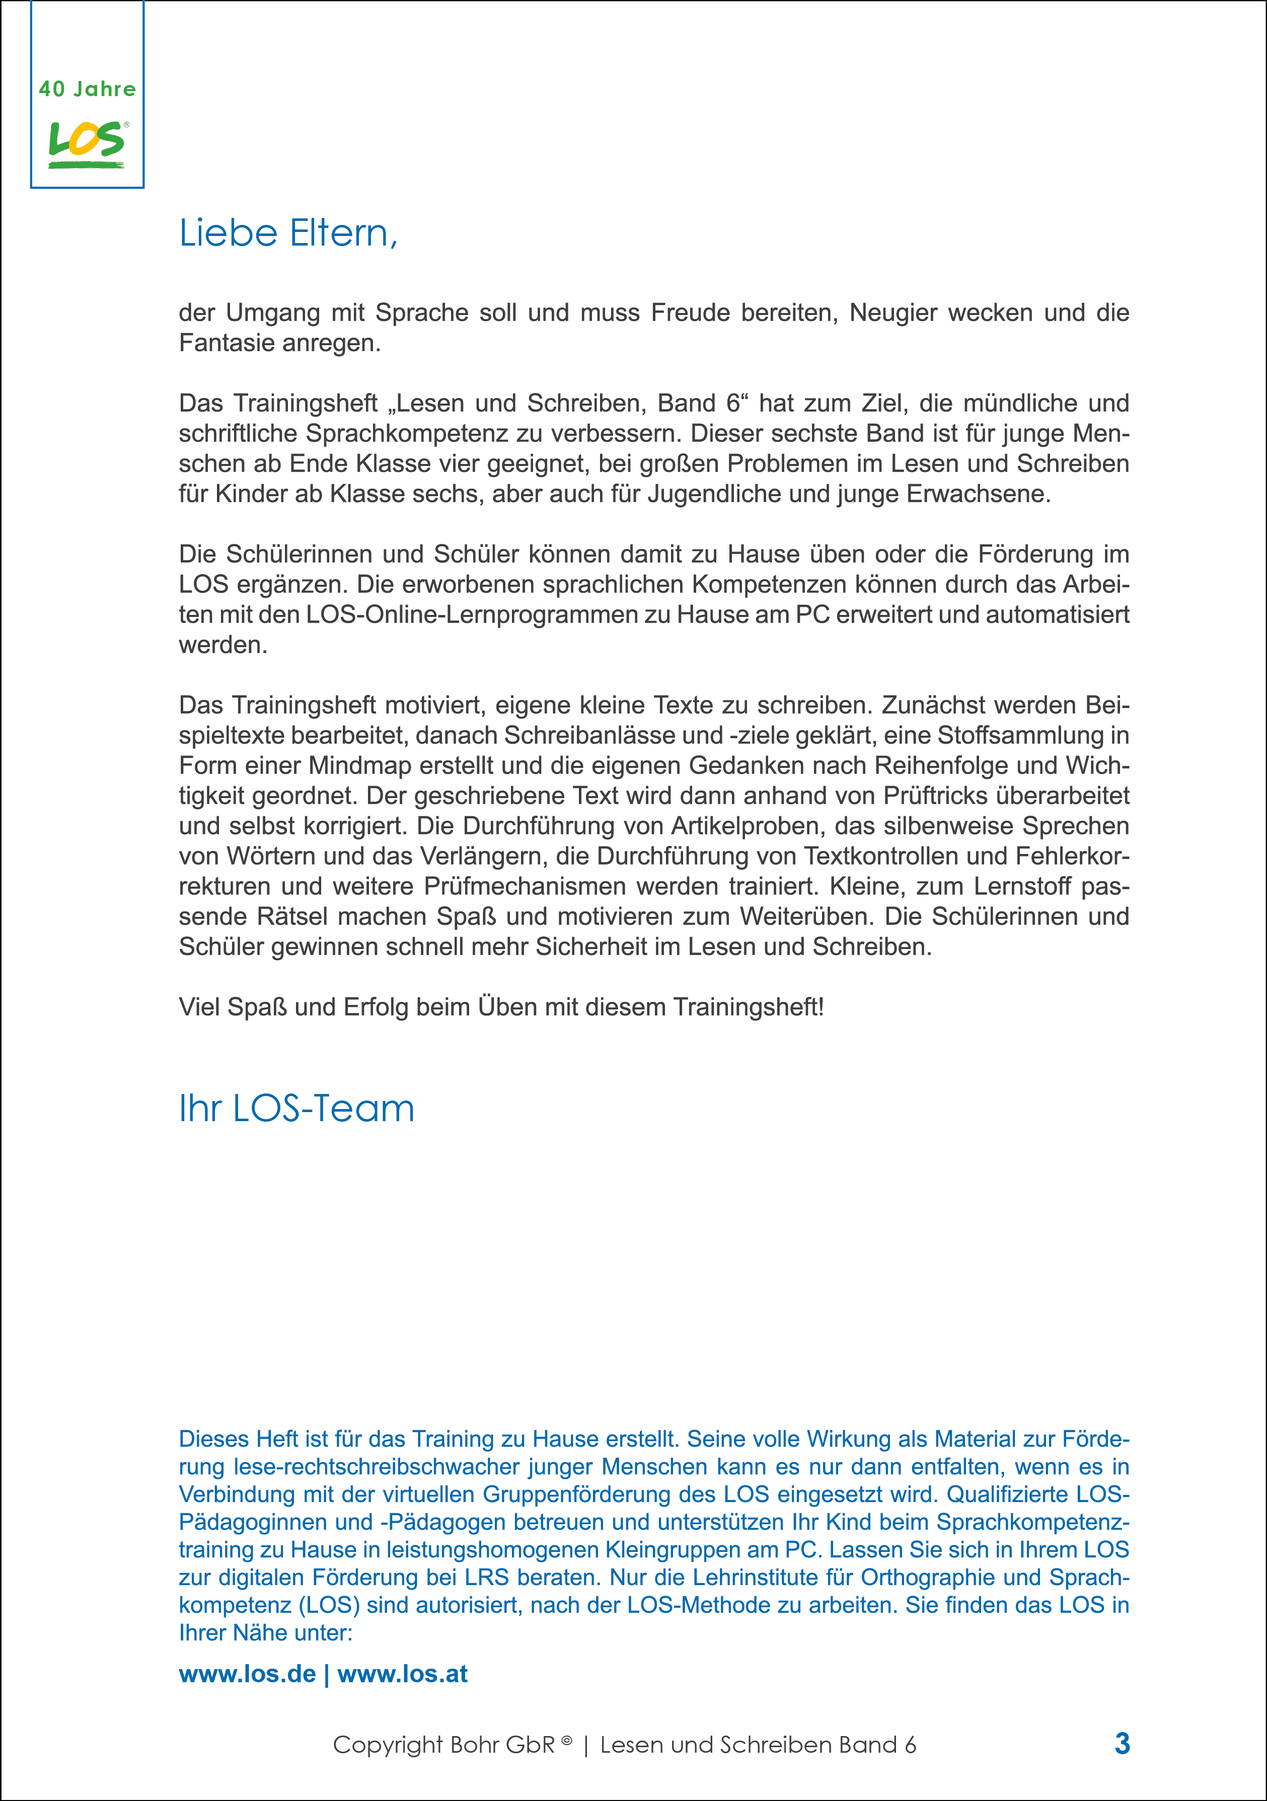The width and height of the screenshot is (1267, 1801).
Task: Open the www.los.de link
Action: click(247, 1674)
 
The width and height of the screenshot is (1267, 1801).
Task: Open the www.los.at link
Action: click(403, 1674)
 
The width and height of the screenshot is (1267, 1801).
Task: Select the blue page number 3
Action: click(1122, 1744)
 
